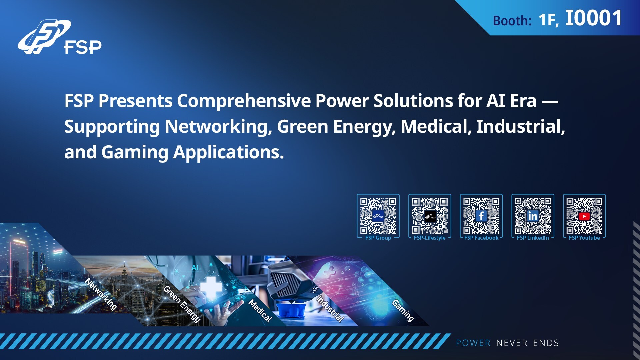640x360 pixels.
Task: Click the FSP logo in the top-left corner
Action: pos(59,37)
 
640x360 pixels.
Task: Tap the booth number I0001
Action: pos(594,18)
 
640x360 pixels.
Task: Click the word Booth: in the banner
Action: pos(512,21)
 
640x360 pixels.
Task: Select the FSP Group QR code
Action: pos(378,216)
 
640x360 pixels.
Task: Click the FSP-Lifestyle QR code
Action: pos(430,216)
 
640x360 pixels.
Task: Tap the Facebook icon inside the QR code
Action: pos(481,216)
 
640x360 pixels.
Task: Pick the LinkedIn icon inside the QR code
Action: pos(533,216)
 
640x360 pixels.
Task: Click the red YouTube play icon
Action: pos(584,216)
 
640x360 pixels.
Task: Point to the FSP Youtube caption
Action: pos(584,238)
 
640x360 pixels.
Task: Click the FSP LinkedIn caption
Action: pos(533,238)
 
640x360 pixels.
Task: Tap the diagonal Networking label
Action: pos(101,294)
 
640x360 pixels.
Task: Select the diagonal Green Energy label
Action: pos(182,304)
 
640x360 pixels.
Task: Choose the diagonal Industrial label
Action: pos(330,309)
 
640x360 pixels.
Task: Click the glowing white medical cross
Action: pos(211,287)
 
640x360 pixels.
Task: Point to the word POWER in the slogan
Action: pos(473,343)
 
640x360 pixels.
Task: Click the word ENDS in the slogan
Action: pos(546,343)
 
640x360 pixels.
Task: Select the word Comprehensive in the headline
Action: pos(244,101)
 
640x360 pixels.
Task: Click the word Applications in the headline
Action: pos(228,152)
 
